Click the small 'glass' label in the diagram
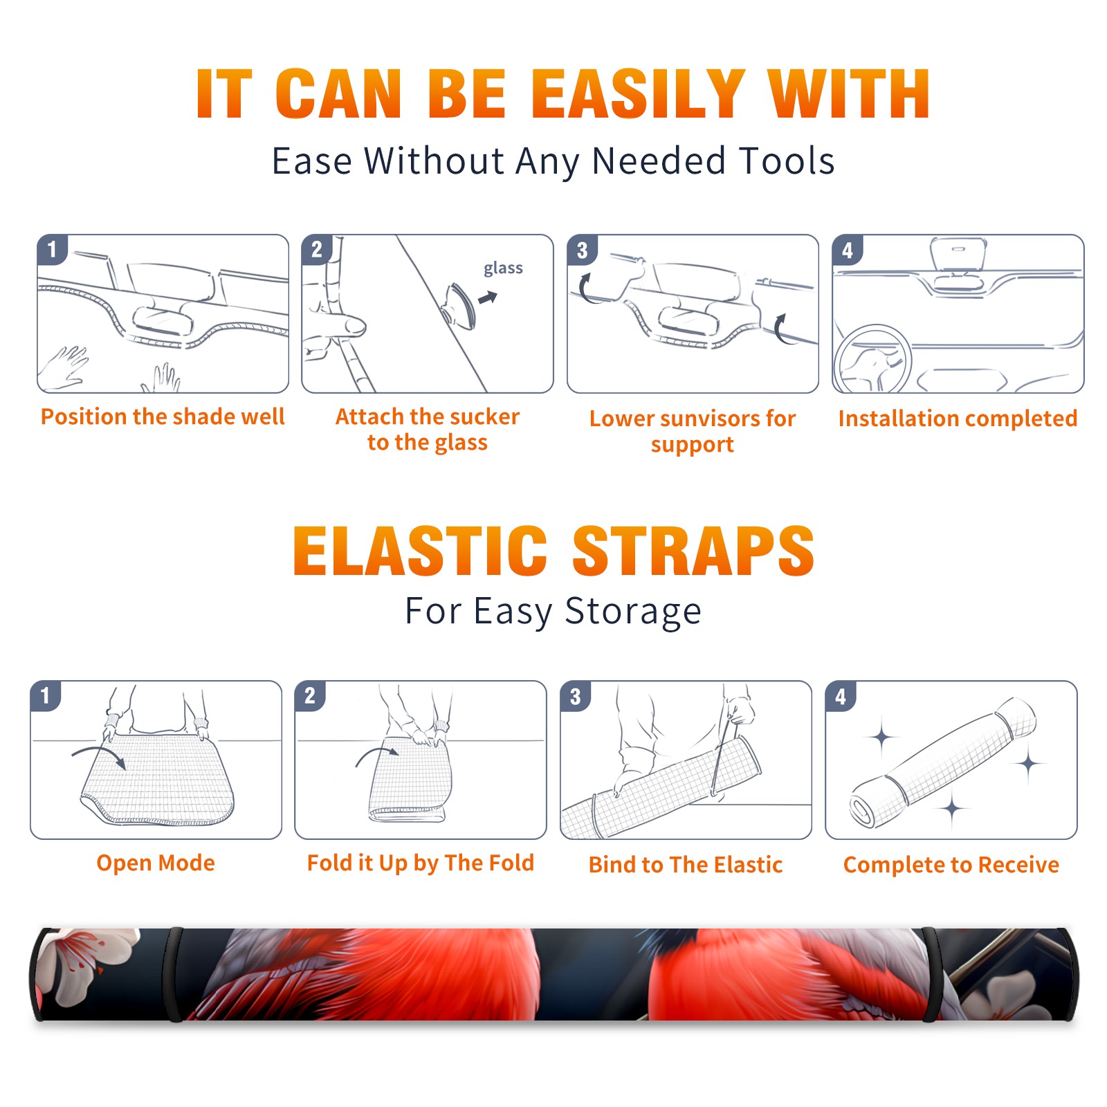(503, 268)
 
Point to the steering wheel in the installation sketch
(872, 359)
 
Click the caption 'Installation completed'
(958, 418)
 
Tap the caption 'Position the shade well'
(163, 417)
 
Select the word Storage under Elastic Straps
(633, 612)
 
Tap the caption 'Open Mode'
(156, 863)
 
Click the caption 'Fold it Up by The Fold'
(421, 863)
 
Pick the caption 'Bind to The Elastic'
(686, 865)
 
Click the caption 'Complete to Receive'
(951, 865)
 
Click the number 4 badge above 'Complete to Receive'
(841, 696)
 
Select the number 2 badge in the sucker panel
(317, 249)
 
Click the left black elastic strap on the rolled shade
(174, 974)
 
